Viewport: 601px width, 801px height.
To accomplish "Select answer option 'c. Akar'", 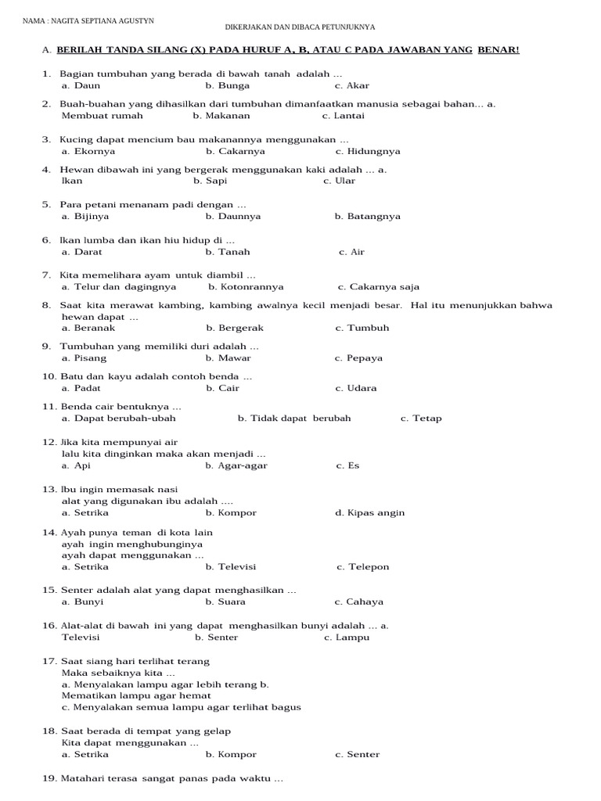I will (351, 86).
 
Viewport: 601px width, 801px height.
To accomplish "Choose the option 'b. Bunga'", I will (227, 86).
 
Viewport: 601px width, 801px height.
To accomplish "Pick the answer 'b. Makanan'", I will (221, 116).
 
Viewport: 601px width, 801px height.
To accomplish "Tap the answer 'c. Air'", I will (351, 252).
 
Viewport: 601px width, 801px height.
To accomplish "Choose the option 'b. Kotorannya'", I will (246, 287).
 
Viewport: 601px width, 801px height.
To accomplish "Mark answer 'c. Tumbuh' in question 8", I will (362, 328).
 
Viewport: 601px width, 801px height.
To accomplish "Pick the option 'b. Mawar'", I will (228, 357).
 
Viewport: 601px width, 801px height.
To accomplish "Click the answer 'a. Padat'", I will (81, 388).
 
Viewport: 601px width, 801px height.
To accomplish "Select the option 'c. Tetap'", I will (421, 418).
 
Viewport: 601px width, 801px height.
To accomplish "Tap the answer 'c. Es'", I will (347, 465).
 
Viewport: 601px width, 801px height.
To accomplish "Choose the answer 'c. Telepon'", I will (362, 566).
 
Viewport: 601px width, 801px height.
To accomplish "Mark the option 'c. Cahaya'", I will (358, 602).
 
